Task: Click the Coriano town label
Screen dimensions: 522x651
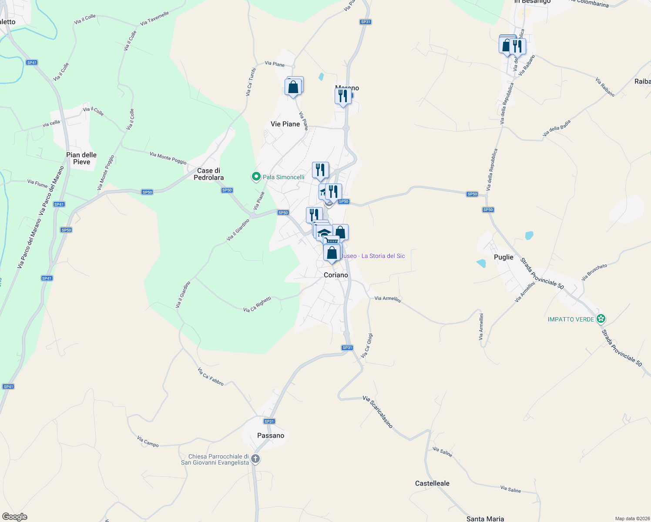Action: coord(336,275)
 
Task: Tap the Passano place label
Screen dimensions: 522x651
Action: coord(271,435)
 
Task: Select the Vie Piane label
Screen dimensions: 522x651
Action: coord(285,124)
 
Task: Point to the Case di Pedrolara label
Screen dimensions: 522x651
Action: coord(209,174)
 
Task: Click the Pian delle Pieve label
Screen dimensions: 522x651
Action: coord(81,158)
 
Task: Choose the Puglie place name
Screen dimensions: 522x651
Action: coord(503,257)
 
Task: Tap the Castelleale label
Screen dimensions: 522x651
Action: coord(432,483)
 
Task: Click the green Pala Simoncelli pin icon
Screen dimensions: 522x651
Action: coord(256,177)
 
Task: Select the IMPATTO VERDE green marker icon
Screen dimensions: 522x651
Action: coord(601,319)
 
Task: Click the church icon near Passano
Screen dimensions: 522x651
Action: coord(255,459)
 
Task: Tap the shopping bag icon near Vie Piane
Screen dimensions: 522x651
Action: coord(293,87)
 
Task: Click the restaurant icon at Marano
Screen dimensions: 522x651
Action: coord(343,96)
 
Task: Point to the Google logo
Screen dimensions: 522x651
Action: coord(14,517)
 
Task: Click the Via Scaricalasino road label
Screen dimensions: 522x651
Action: coord(378,412)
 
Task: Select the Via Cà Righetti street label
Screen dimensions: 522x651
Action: coord(257,304)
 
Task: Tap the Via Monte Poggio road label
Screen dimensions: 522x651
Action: coord(168,158)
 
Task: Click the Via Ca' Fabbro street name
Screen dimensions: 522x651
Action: coord(211,377)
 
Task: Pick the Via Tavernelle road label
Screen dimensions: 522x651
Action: coord(155,19)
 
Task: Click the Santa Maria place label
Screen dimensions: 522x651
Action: coord(485,519)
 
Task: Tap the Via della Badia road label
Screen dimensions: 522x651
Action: coord(557,128)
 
